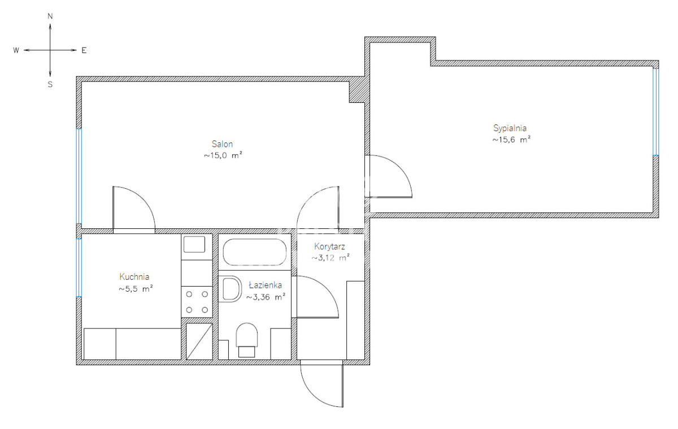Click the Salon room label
tap(222, 144)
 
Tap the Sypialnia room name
tap(510, 128)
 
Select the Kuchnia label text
tap(134, 277)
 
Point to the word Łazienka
tap(266, 285)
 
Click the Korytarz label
tap(329, 247)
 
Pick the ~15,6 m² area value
tap(511, 140)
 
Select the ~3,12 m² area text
tap(331, 258)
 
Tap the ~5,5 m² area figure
tap(136, 289)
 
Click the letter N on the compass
tap(50, 16)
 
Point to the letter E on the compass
tap(84, 50)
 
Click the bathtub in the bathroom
tap(255, 252)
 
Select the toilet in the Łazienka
tap(247, 340)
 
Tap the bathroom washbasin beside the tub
tap(230, 289)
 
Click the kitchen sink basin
tap(194, 244)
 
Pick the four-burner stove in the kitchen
tap(197, 302)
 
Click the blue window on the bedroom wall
tap(655, 112)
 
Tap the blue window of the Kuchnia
tap(79, 268)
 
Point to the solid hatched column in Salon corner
tap(357, 92)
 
